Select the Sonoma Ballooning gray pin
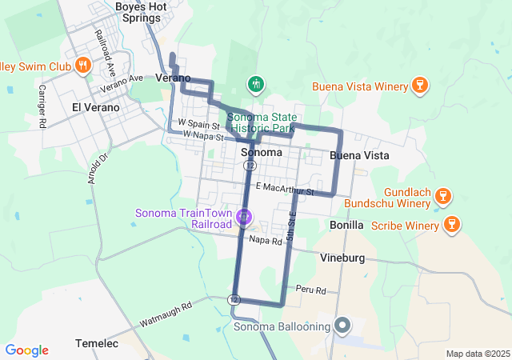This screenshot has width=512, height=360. [343, 326]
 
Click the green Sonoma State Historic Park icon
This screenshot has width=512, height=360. [255, 84]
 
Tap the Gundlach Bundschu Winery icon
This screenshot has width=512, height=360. [446, 195]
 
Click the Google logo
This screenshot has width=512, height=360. [26, 350]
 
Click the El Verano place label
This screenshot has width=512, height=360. [95, 107]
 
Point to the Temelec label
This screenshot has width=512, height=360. [97, 343]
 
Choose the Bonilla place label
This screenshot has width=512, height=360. [346, 226]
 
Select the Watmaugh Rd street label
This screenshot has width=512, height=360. [166, 314]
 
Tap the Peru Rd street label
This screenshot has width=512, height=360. [310, 290]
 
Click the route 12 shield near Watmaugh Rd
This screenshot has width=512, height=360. [233, 299]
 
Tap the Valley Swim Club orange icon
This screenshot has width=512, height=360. [81, 64]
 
